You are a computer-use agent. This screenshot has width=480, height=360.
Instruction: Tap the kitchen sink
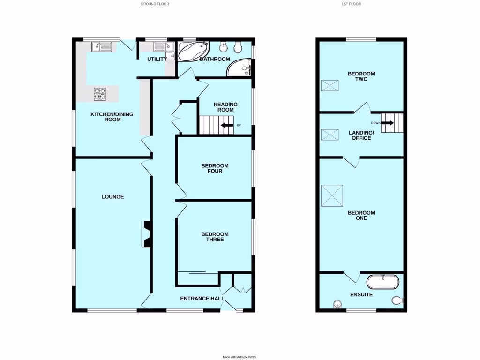tap(102, 46)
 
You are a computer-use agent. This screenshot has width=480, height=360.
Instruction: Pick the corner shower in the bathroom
tap(241, 68)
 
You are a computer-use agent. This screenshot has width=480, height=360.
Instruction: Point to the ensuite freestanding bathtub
tap(383, 282)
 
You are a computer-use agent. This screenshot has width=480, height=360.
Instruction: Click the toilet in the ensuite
tap(397, 300)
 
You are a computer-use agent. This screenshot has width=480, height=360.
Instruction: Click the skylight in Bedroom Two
tap(330, 86)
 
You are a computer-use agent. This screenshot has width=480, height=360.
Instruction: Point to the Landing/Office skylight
tap(330, 135)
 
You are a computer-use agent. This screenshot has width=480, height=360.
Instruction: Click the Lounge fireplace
tap(145, 234)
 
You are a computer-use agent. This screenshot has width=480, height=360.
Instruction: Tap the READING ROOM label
tap(225, 107)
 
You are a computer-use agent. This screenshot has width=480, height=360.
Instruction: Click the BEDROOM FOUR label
tap(215, 168)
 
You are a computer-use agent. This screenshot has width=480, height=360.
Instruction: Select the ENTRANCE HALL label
tap(202, 298)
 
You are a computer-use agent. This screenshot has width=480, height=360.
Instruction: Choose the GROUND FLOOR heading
tap(155, 4)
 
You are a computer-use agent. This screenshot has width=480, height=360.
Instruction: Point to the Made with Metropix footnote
tap(240, 357)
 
